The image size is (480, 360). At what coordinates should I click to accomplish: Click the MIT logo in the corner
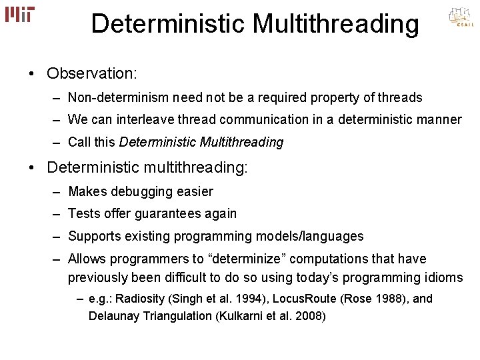pos(20,14)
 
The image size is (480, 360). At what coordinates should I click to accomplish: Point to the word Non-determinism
pos(118,98)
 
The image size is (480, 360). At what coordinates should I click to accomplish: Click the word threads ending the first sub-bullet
pos(401,98)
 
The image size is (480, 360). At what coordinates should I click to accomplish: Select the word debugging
pos(140,192)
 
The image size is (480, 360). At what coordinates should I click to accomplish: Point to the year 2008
pos(309,315)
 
